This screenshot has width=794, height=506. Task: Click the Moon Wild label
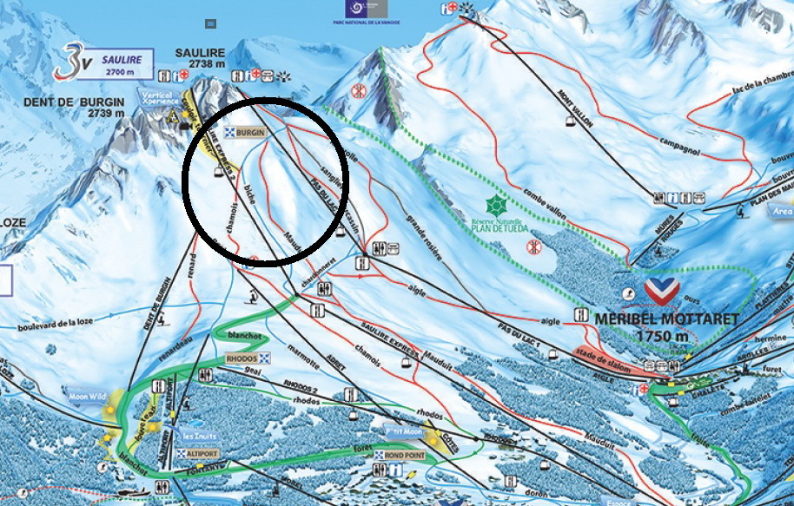tap(87, 398)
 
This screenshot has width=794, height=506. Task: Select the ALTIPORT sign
tap(200, 454)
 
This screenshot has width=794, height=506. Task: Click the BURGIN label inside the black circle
tap(248, 132)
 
